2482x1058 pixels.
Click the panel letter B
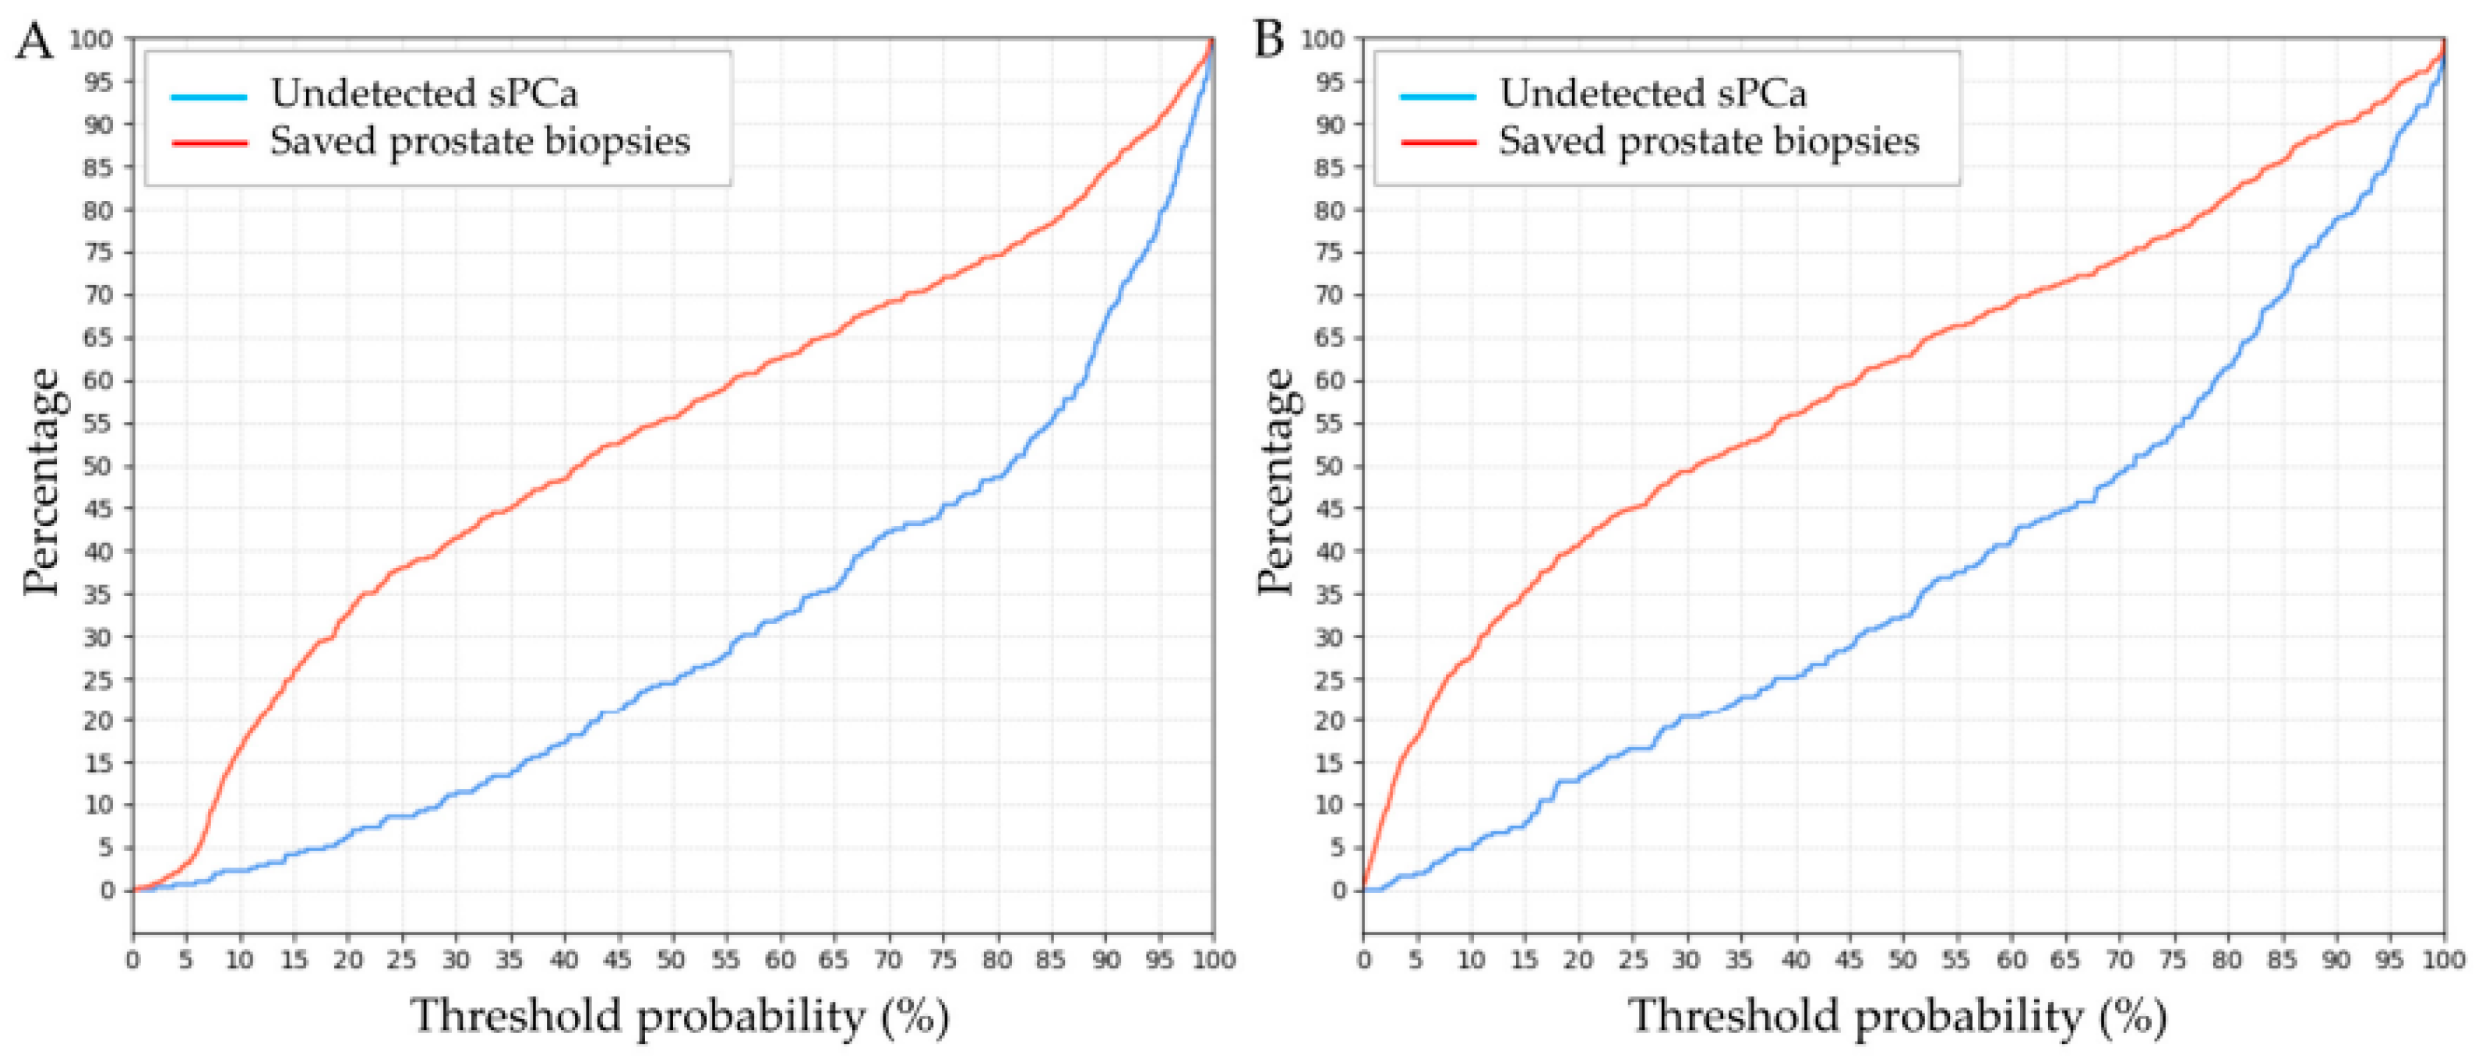click(x=1269, y=41)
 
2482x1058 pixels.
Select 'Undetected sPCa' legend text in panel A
click(x=424, y=93)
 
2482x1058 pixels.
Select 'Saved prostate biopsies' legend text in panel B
click(x=1708, y=142)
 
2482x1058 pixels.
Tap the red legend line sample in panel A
click(x=209, y=143)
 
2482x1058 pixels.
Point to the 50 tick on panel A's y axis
click(x=98, y=467)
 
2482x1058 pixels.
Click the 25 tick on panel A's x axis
click(x=402, y=960)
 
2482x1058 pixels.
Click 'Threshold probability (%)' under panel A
click(x=679, y=1017)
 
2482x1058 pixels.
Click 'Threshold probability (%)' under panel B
click(x=1898, y=1017)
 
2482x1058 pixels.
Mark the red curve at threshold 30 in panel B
click(x=1687, y=471)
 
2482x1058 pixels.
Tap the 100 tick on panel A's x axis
click(x=1213, y=960)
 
